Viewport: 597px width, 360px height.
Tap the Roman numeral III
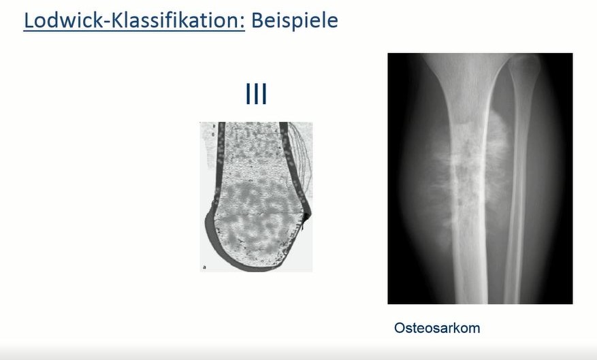click(x=255, y=95)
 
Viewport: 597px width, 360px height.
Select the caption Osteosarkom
click(x=437, y=328)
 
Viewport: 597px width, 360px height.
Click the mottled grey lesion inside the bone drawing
click(x=255, y=211)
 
